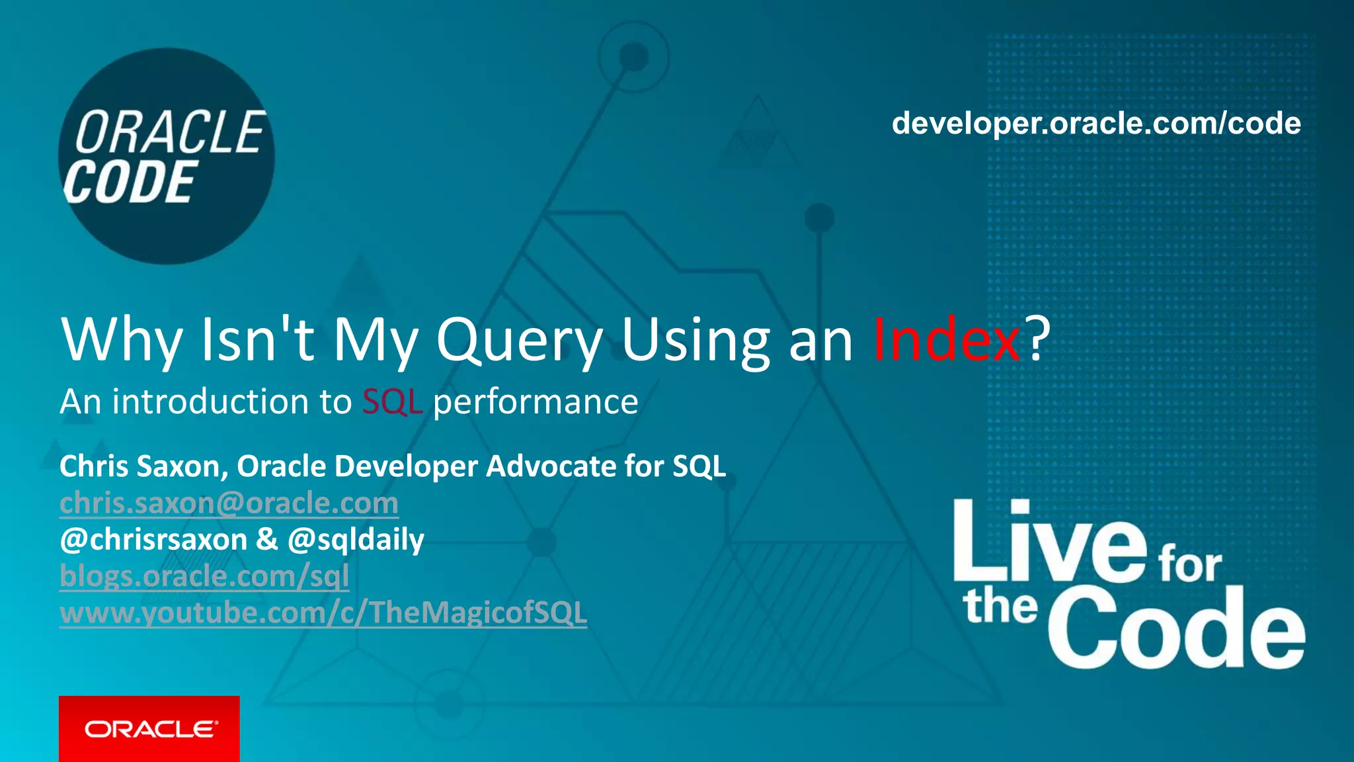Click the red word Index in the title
tap(947, 340)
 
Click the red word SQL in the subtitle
tap(392, 402)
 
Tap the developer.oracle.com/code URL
tap(1095, 124)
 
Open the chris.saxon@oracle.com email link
tap(229, 503)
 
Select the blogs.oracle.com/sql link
tap(204, 576)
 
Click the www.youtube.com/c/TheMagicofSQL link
tap(323, 613)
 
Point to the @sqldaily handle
tap(356, 540)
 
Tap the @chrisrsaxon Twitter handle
tap(153, 540)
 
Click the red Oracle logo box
tap(149, 728)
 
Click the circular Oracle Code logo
tap(166, 156)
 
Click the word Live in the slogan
tap(1049, 542)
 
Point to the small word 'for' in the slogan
tap(1190, 566)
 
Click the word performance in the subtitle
tap(536, 402)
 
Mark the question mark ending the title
tap(1037, 339)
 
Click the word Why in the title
tap(122, 340)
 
